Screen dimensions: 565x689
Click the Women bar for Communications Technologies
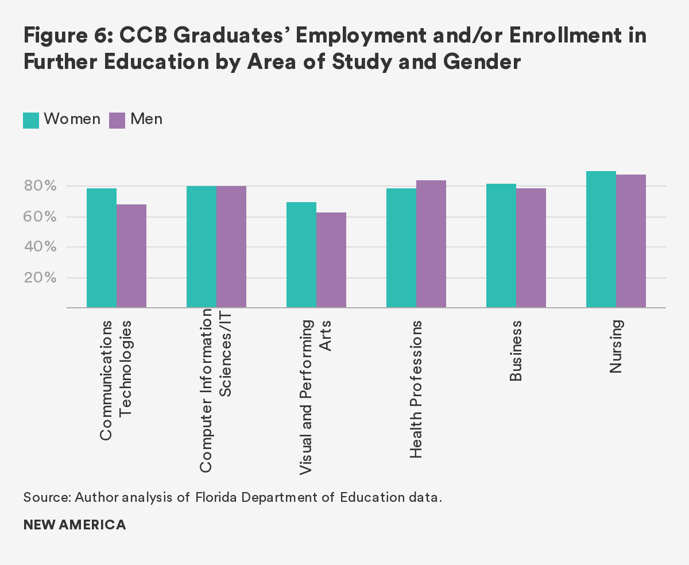(102, 248)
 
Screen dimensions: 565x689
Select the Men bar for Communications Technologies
(131, 256)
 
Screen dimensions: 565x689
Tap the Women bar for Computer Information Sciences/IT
(202, 247)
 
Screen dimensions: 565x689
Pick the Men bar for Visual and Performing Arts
(331, 260)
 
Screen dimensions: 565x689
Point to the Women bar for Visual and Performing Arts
(301, 255)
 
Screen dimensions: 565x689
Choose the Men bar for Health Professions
(431, 244)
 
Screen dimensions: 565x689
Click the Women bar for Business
(501, 246)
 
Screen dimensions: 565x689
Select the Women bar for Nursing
(601, 239)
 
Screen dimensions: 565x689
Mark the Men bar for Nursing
(631, 241)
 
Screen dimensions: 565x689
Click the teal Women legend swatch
(31, 120)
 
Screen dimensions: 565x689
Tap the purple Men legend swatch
(117, 120)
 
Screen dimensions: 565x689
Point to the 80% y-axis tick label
(40, 186)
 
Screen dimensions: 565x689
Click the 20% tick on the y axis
(40, 278)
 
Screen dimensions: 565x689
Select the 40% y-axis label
(40, 247)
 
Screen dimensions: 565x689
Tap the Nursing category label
(616, 347)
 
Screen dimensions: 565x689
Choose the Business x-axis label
(516, 351)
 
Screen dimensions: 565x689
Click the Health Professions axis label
(416, 389)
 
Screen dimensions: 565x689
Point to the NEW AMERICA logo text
(75, 525)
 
